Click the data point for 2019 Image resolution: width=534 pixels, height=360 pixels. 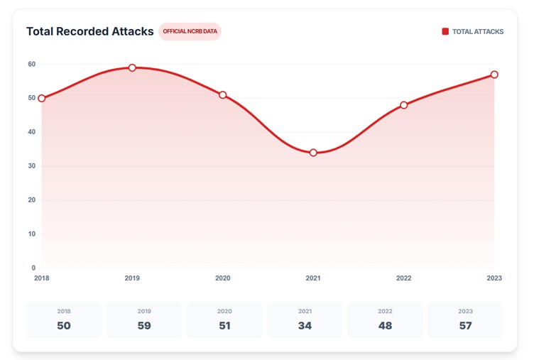132,67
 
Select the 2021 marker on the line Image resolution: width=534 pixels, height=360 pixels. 313,153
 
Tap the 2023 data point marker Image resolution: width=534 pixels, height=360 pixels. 494,75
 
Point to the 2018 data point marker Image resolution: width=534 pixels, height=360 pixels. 42,99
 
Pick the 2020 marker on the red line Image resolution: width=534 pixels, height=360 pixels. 223,95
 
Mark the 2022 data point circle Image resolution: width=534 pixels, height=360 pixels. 403,105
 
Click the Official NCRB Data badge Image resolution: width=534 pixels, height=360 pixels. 190,31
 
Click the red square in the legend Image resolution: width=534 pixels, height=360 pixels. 445,31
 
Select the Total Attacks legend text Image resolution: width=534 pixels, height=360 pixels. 478,32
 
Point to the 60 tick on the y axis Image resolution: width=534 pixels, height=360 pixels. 32,64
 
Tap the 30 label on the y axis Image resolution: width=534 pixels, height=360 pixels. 32,166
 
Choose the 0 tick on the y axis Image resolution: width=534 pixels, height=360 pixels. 33,268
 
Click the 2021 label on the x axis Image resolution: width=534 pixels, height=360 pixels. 313,278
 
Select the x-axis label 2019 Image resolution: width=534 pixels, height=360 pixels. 132,278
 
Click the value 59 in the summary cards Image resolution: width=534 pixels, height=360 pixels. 144,326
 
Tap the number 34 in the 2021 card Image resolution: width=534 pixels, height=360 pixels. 305,326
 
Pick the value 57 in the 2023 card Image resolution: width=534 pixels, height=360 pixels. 466,326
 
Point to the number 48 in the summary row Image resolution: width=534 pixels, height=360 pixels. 385,326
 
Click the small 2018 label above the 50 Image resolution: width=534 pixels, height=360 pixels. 64,311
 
